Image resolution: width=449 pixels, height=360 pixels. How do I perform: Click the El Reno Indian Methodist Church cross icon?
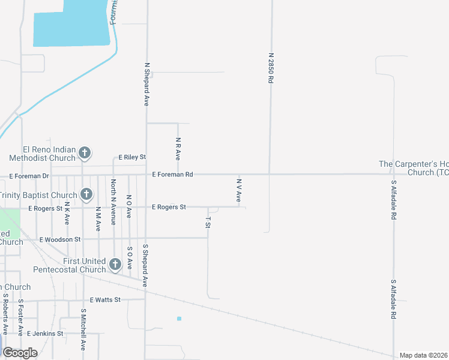(x=85, y=153)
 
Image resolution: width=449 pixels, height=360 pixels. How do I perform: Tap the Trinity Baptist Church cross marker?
(x=86, y=194)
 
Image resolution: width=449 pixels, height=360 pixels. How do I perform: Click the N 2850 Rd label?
(x=271, y=71)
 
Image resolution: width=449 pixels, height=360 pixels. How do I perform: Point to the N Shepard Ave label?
(x=146, y=84)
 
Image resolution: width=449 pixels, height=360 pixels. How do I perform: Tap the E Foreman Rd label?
(x=172, y=175)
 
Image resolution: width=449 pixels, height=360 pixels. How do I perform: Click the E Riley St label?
(x=132, y=157)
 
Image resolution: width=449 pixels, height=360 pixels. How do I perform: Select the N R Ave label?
(x=178, y=148)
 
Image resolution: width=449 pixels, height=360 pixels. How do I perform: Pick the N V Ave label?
(x=238, y=189)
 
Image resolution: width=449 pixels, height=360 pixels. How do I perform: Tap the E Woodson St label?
(x=60, y=239)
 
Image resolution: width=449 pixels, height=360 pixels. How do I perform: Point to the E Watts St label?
(x=105, y=299)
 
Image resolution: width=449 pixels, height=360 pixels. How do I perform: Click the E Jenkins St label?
(x=44, y=334)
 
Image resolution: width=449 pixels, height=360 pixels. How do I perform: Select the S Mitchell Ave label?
(x=83, y=329)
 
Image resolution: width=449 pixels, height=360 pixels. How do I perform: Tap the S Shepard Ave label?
(x=145, y=265)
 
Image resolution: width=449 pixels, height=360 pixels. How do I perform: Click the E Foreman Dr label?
(x=29, y=176)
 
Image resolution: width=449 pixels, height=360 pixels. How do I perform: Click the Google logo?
(x=20, y=352)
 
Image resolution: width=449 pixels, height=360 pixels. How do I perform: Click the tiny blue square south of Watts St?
(x=179, y=319)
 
